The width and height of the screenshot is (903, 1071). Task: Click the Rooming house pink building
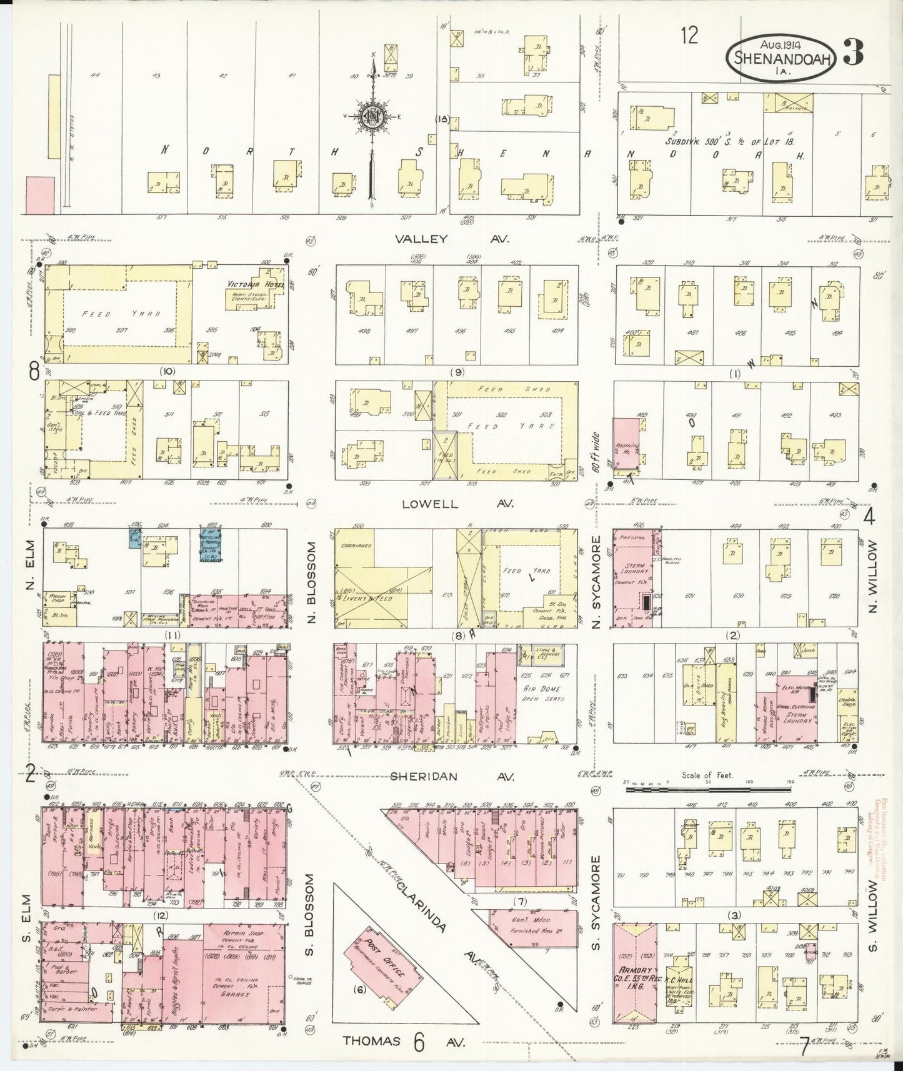pyautogui.click(x=626, y=444)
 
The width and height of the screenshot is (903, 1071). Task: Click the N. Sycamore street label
pyautogui.click(x=597, y=581)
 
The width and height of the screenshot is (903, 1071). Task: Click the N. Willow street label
pyautogui.click(x=873, y=577)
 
